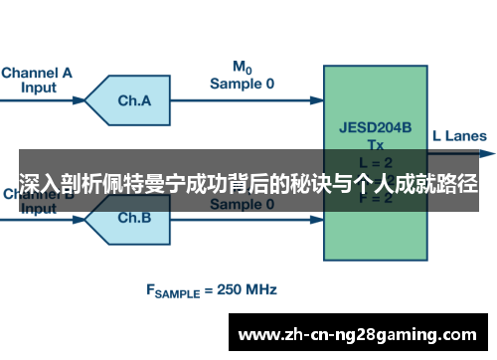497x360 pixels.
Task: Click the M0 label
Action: tap(242, 68)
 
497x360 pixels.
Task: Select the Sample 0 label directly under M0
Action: tap(242, 84)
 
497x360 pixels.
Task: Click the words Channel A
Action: tap(37, 72)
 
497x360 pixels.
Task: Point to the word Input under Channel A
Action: tap(38, 87)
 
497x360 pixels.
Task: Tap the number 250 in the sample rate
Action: tap(225, 290)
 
